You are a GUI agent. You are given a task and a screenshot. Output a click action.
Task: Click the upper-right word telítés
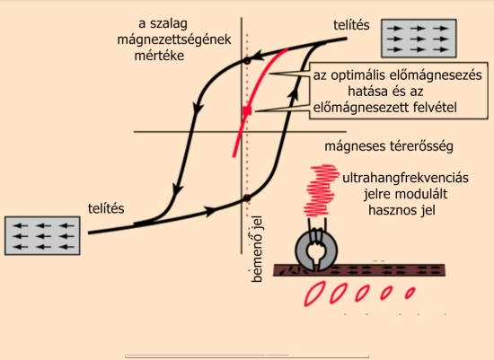351,25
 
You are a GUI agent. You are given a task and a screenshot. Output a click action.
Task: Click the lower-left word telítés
106,208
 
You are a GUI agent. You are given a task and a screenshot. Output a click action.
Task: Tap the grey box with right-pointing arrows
419,39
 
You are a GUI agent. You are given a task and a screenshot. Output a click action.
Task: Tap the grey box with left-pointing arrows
42,235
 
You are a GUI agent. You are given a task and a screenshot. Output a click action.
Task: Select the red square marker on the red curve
247,110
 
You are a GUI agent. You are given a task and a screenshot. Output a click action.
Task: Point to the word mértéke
159,56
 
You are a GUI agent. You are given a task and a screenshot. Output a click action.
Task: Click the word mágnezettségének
174,40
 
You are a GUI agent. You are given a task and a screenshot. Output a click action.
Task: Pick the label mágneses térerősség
389,146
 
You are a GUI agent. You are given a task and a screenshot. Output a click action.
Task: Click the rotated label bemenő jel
257,249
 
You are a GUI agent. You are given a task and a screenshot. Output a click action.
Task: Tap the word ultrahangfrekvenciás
405,178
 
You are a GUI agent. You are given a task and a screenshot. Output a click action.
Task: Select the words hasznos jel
401,210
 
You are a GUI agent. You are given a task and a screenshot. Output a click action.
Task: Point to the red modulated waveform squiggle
320,190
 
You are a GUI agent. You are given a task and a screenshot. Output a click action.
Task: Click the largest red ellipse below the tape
314,294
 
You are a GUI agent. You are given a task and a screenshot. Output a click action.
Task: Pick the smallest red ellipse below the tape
410,293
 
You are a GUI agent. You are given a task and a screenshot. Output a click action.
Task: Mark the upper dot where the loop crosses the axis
247,61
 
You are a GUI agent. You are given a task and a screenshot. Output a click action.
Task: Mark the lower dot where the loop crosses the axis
247,198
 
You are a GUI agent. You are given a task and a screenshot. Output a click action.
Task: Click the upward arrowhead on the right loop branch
295,92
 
